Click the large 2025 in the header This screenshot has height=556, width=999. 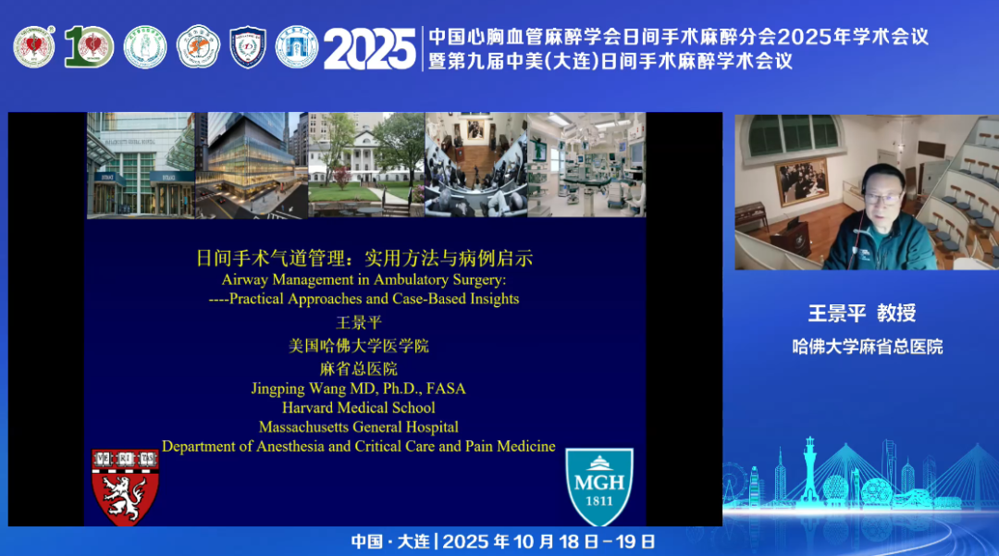(x=369, y=48)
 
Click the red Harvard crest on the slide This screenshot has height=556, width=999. (x=125, y=487)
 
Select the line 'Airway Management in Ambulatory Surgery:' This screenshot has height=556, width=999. (x=364, y=279)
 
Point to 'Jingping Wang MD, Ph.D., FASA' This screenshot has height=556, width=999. (x=358, y=389)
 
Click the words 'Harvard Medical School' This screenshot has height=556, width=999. (x=359, y=408)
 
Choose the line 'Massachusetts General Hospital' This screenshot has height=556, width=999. (x=359, y=427)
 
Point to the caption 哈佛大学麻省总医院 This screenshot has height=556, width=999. (x=868, y=346)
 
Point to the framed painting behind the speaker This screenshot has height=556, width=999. (x=802, y=180)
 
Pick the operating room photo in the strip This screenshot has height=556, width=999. (x=586, y=165)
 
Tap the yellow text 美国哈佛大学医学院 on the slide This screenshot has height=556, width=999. (x=358, y=346)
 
